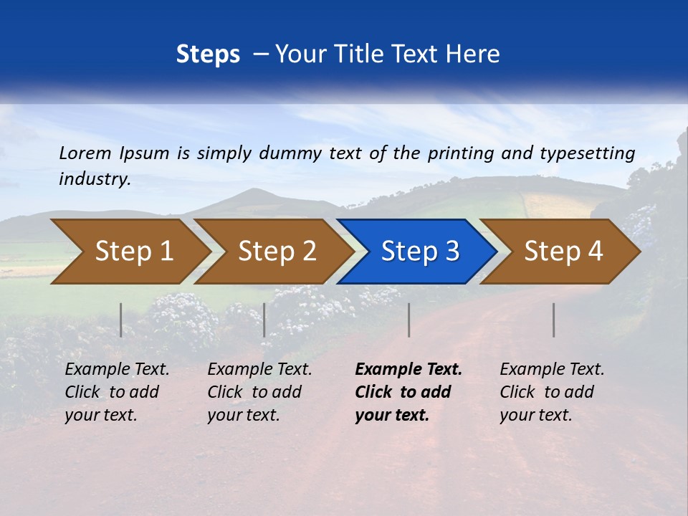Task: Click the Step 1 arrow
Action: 129,252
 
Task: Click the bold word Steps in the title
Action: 208,54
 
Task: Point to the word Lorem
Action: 85,153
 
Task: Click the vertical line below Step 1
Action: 121,320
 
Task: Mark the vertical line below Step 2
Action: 264,320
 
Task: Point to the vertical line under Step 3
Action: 409,320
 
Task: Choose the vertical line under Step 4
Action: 554,320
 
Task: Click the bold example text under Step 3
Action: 408,392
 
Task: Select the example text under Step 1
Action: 117,392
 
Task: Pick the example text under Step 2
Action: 259,392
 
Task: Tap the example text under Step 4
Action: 552,392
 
